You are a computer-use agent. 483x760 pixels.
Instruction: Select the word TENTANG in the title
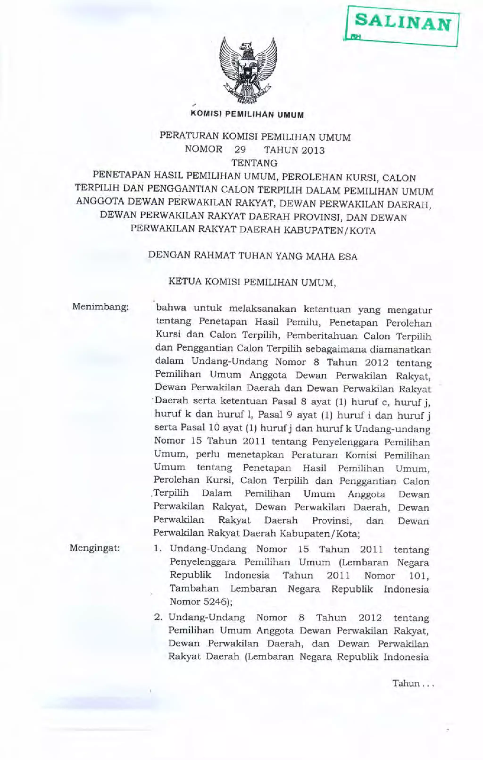(x=254, y=163)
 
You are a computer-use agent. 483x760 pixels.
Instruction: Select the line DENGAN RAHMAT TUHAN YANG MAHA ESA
(x=253, y=256)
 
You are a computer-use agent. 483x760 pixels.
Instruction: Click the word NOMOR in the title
(x=204, y=149)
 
